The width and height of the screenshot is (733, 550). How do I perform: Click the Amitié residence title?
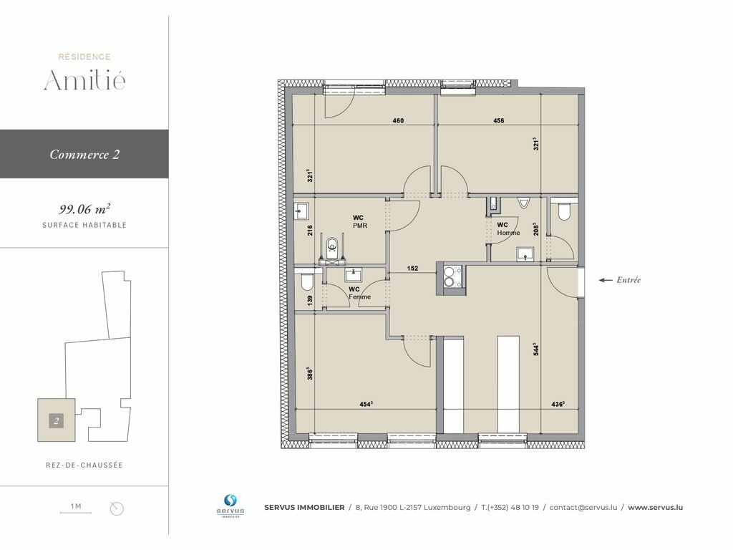pyautogui.click(x=84, y=79)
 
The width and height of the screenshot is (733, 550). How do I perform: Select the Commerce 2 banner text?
pyautogui.click(x=84, y=155)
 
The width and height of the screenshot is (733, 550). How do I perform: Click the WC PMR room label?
pyautogui.click(x=359, y=221)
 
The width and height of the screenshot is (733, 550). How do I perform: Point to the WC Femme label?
pyautogui.click(x=359, y=293)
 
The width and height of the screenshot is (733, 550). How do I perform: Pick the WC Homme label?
pyautogui.click(x=508, y=228)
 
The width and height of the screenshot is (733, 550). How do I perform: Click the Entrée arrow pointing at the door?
pyautogui.click(x=606, y=280)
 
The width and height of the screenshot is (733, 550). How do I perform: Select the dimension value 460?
pyautogui.click(x=398, y=120)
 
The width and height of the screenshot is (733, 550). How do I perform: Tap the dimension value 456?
pyautogui.click(x=499, y=120)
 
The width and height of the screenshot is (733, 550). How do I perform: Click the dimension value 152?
pyautogui.click(x=412, y=269)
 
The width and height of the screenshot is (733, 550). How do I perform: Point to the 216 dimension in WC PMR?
pyautogui.click(x=310, y=230)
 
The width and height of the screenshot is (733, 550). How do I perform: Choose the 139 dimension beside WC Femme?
pyautogui.click(x=310, y=300)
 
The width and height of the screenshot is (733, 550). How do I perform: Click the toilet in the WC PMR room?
pyautogui.click(x=332, y=247)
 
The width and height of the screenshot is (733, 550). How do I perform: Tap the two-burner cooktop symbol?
pyautogui.click(x=450, y=276)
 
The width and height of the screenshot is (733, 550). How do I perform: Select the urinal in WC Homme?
pyautogui.click(x=523, y=203)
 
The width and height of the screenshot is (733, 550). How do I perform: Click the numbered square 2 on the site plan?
pyautogui.click(x=56, y=420)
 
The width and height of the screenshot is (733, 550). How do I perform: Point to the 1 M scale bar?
pyautogui.click(x=76, y=513)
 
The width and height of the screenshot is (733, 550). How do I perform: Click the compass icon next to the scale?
pyautogui.click(x=117, y=508)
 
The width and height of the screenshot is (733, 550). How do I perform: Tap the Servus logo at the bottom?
pyautogui.click(x=230, y=506)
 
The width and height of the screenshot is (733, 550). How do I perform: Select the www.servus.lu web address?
pyautogui.click(x=655, y=508)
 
